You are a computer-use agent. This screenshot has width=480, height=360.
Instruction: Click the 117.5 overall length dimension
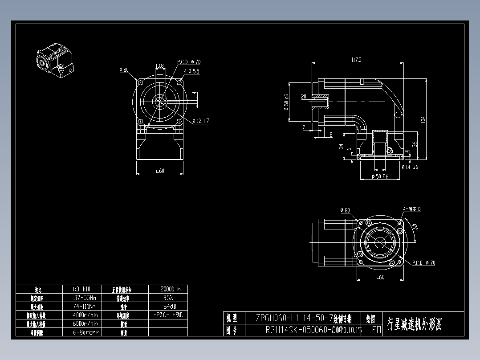click(356, 60)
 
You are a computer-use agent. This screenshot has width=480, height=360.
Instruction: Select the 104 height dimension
click(423, 119)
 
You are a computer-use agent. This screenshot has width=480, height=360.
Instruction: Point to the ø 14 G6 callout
click(410, 167)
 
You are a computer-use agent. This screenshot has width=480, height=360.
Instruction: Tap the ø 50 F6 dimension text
click(380, 177)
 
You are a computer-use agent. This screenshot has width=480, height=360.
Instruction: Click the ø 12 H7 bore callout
click(201, 121)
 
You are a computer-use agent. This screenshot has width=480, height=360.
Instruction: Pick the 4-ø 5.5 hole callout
click(191, 71)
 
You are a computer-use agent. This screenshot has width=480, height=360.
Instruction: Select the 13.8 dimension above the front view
click(159, 66)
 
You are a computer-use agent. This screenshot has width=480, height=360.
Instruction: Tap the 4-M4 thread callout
click(412, 209)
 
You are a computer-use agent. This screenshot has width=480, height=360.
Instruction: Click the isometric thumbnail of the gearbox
click(54, 61)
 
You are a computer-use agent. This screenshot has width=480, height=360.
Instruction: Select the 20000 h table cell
click(167, 289)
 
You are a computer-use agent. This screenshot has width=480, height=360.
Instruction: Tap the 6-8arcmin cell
click(86, 332)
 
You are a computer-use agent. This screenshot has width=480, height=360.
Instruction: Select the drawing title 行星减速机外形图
click(415, 324)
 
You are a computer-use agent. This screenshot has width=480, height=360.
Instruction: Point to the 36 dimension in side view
click(415, 144)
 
